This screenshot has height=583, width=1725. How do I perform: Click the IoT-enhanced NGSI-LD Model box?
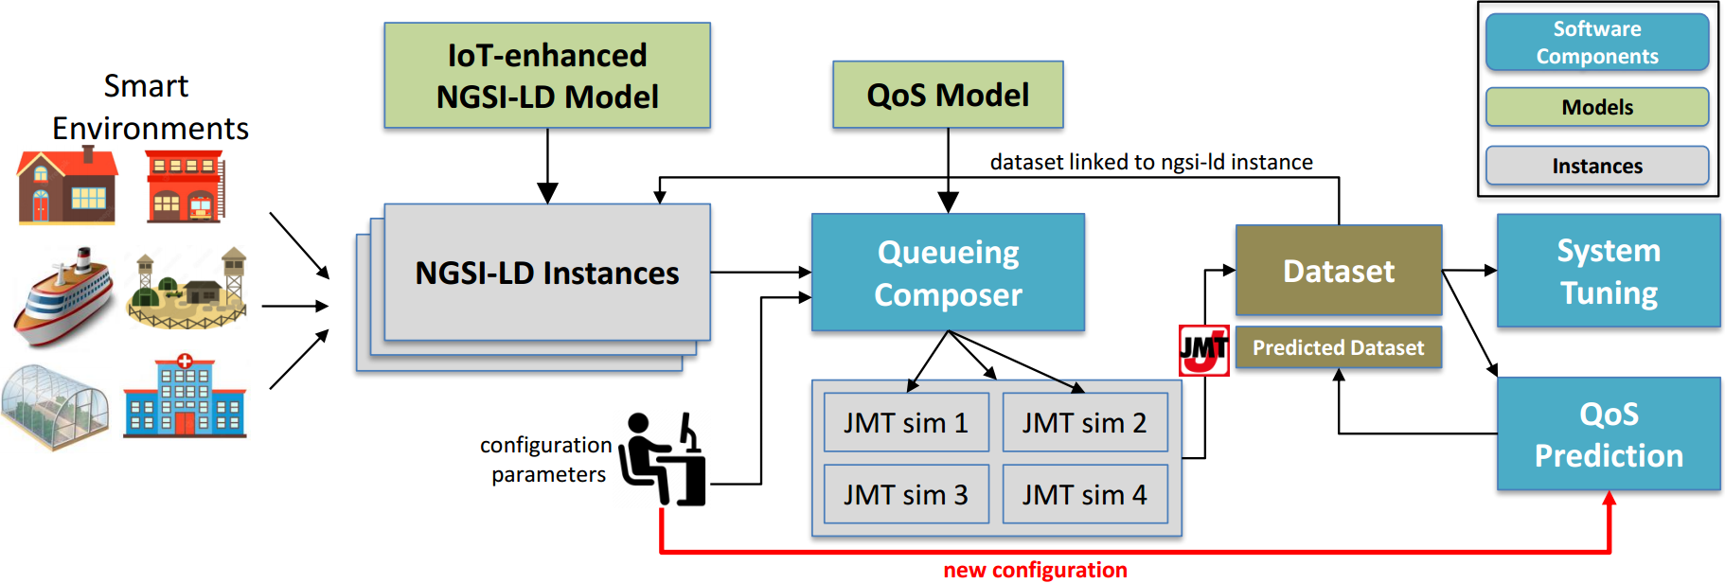point(547,76)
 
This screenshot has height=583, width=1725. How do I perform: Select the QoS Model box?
point(948,95)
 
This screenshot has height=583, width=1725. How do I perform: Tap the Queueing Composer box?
point(948,273)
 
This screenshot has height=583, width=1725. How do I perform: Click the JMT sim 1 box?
point(906,423)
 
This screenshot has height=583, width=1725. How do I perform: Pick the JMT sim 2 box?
point(1085,423)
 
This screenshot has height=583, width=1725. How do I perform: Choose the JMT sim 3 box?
point(906,494)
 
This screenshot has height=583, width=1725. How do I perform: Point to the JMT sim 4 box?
point(1085,494)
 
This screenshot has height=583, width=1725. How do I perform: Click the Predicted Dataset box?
point(1338,347)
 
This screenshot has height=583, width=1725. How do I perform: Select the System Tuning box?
point(1609,271)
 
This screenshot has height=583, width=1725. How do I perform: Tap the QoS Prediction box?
point(1609,434)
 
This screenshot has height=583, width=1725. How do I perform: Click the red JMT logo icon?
point(1203,350)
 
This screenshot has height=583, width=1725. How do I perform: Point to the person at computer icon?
point(663,459)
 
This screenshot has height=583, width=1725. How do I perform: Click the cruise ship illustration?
point(63,296)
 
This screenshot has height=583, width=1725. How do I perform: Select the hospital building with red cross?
point(185,397)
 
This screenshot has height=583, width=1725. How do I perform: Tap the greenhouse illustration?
point(54,406)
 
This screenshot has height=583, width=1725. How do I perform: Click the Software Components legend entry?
point(1597,43)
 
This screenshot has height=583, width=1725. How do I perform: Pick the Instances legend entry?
point(1597,166)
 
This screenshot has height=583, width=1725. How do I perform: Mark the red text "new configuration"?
point(1035,570)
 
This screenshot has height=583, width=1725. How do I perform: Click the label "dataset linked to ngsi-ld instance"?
point(1151,162)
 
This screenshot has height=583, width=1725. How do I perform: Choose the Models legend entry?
point(1597,107)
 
